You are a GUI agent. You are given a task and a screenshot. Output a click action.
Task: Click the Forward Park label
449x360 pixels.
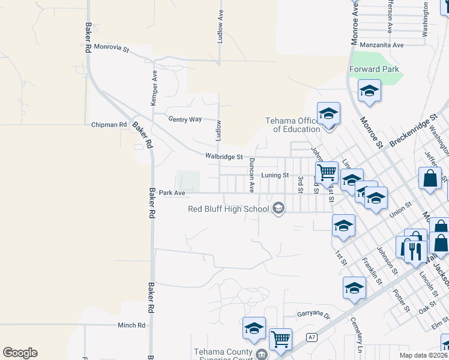coord(374,69)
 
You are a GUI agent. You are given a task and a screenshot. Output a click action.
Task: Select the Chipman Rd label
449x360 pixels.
coord(109,125)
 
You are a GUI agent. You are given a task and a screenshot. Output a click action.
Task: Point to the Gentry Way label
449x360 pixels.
coord(185,119)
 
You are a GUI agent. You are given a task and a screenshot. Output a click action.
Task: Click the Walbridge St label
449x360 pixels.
coord(223,157)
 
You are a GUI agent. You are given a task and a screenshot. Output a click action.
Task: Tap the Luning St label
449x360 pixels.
coord(276,175)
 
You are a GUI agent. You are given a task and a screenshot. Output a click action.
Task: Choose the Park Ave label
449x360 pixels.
coord(172,193)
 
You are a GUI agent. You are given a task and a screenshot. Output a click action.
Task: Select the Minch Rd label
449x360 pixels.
coord(131,325)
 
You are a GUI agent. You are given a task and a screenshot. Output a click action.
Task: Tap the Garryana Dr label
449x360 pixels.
coord(314,314)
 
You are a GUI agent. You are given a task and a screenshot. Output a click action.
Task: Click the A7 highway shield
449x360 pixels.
coord(311,337)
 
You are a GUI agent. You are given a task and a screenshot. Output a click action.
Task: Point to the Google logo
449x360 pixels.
coord(20,353)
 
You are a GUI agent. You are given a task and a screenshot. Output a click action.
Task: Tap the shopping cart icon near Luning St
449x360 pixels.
coord(327,172)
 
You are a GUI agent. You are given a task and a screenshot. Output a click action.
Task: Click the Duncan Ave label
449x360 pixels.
coord(253,167)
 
